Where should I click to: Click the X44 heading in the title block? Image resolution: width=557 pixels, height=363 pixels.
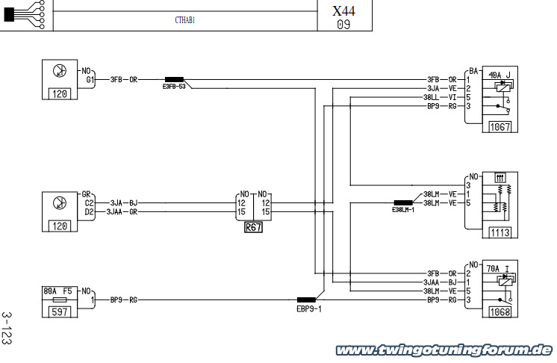343,10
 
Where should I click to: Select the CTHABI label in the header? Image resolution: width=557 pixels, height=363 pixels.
184,20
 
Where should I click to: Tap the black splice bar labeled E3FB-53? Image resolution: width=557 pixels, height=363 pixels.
175,80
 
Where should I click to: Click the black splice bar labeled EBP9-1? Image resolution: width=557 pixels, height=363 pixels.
306,300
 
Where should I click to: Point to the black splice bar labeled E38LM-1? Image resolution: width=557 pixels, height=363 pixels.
403,203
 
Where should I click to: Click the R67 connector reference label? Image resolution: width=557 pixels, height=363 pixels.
253,227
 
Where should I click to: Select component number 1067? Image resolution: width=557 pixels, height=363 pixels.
500,127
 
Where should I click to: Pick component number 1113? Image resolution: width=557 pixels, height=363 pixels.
500,232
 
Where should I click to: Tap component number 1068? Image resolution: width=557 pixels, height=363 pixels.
500,312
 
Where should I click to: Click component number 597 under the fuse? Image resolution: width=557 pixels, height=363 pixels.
59,312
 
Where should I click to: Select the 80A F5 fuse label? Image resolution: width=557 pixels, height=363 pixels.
57,291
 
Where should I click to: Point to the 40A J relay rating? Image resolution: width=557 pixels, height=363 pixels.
500,75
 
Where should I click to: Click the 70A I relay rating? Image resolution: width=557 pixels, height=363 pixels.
498,269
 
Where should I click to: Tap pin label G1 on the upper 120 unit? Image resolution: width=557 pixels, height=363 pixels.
90,80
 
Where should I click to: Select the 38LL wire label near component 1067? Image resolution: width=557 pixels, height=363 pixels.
431,97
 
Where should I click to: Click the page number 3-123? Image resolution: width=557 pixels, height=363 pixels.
7,328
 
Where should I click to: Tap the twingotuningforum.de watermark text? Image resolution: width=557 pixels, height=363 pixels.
444,350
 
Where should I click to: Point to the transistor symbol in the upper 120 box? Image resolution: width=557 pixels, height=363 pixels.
59,71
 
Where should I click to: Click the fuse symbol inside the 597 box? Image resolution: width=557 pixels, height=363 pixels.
59,300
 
